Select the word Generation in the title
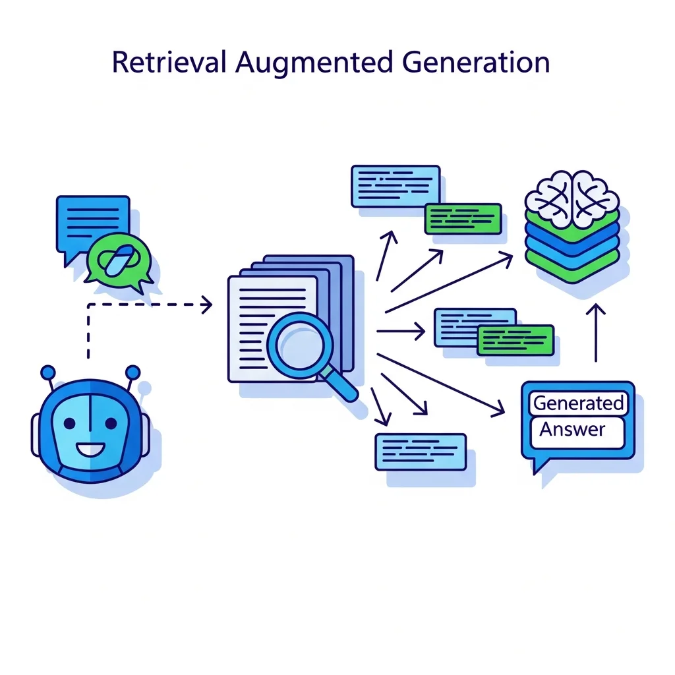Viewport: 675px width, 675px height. tap(475, 63)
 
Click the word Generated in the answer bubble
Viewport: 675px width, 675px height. tap(578, 403)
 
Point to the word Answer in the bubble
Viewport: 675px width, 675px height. tap(572, 430)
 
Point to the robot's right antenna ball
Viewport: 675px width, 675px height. tap(132, 372)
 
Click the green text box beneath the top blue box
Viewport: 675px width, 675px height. tap(463, 219)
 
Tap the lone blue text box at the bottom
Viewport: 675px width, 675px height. tap(420, 452)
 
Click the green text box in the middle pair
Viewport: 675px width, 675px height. tap(515, 340)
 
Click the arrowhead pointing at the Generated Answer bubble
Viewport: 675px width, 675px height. tap(498, 411)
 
